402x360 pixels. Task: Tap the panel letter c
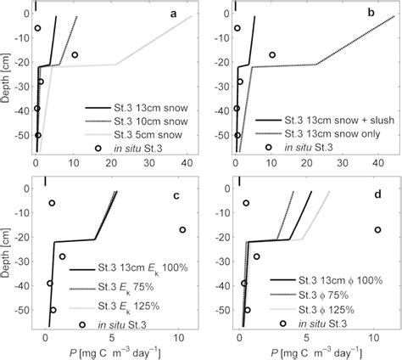click(174, 198)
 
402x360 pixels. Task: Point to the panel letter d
click(373, 198)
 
